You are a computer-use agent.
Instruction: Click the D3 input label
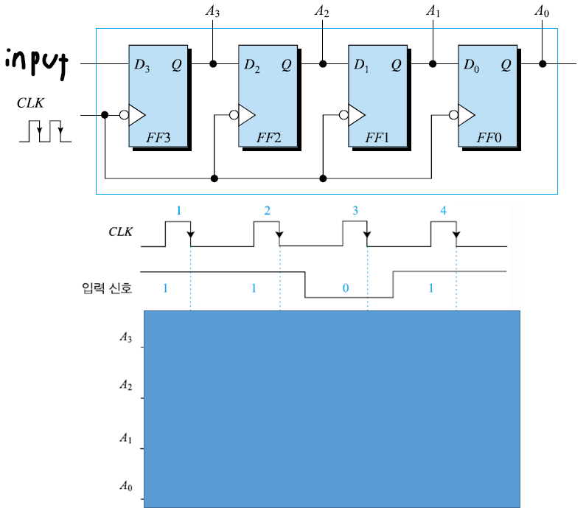142,65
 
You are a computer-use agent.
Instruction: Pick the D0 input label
472,65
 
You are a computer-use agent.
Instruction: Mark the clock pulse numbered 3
355,211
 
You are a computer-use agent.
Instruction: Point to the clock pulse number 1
178,211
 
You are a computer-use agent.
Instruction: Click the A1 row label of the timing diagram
126,438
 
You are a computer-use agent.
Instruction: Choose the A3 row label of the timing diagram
126,338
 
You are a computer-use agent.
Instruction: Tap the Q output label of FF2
286,65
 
